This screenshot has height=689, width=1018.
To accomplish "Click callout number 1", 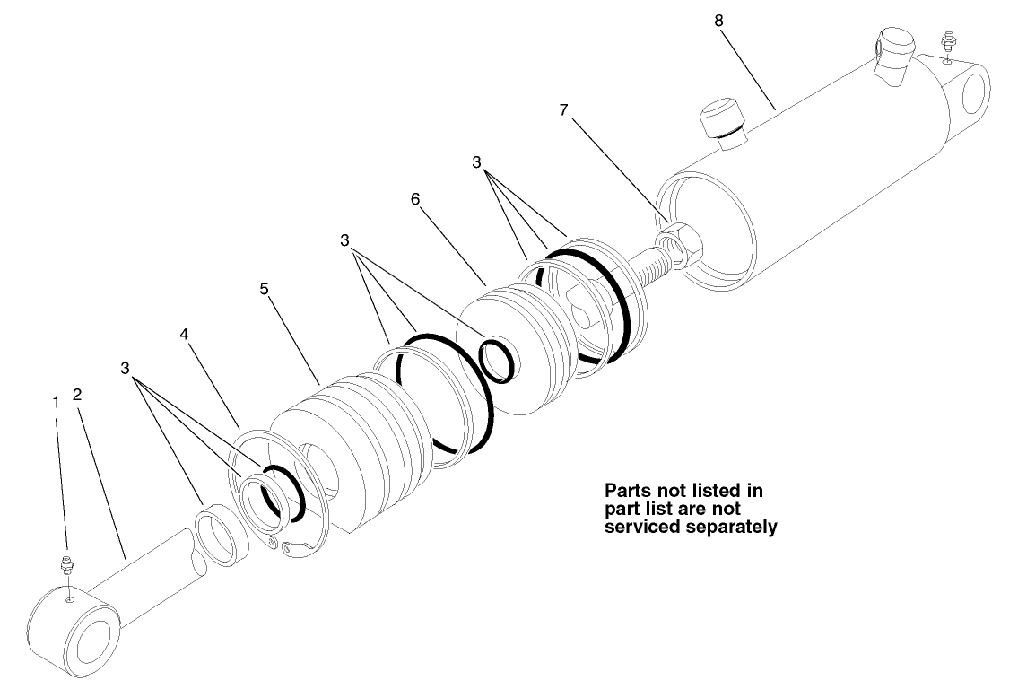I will (56, 404).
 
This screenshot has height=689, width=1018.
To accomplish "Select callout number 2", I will (78, 394).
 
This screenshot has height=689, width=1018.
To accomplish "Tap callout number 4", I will (184, 334).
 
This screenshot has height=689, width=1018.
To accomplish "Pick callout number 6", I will (415, 199).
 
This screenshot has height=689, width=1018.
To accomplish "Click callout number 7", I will (563, 109).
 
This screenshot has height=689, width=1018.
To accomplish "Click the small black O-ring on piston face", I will (498, 359).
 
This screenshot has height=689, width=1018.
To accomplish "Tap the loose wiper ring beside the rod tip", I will (217, 536).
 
